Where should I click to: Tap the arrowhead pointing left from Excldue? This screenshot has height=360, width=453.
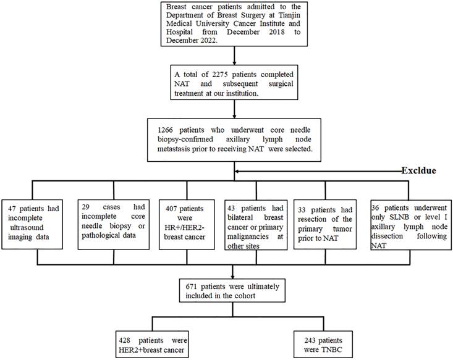coord(239,170)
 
